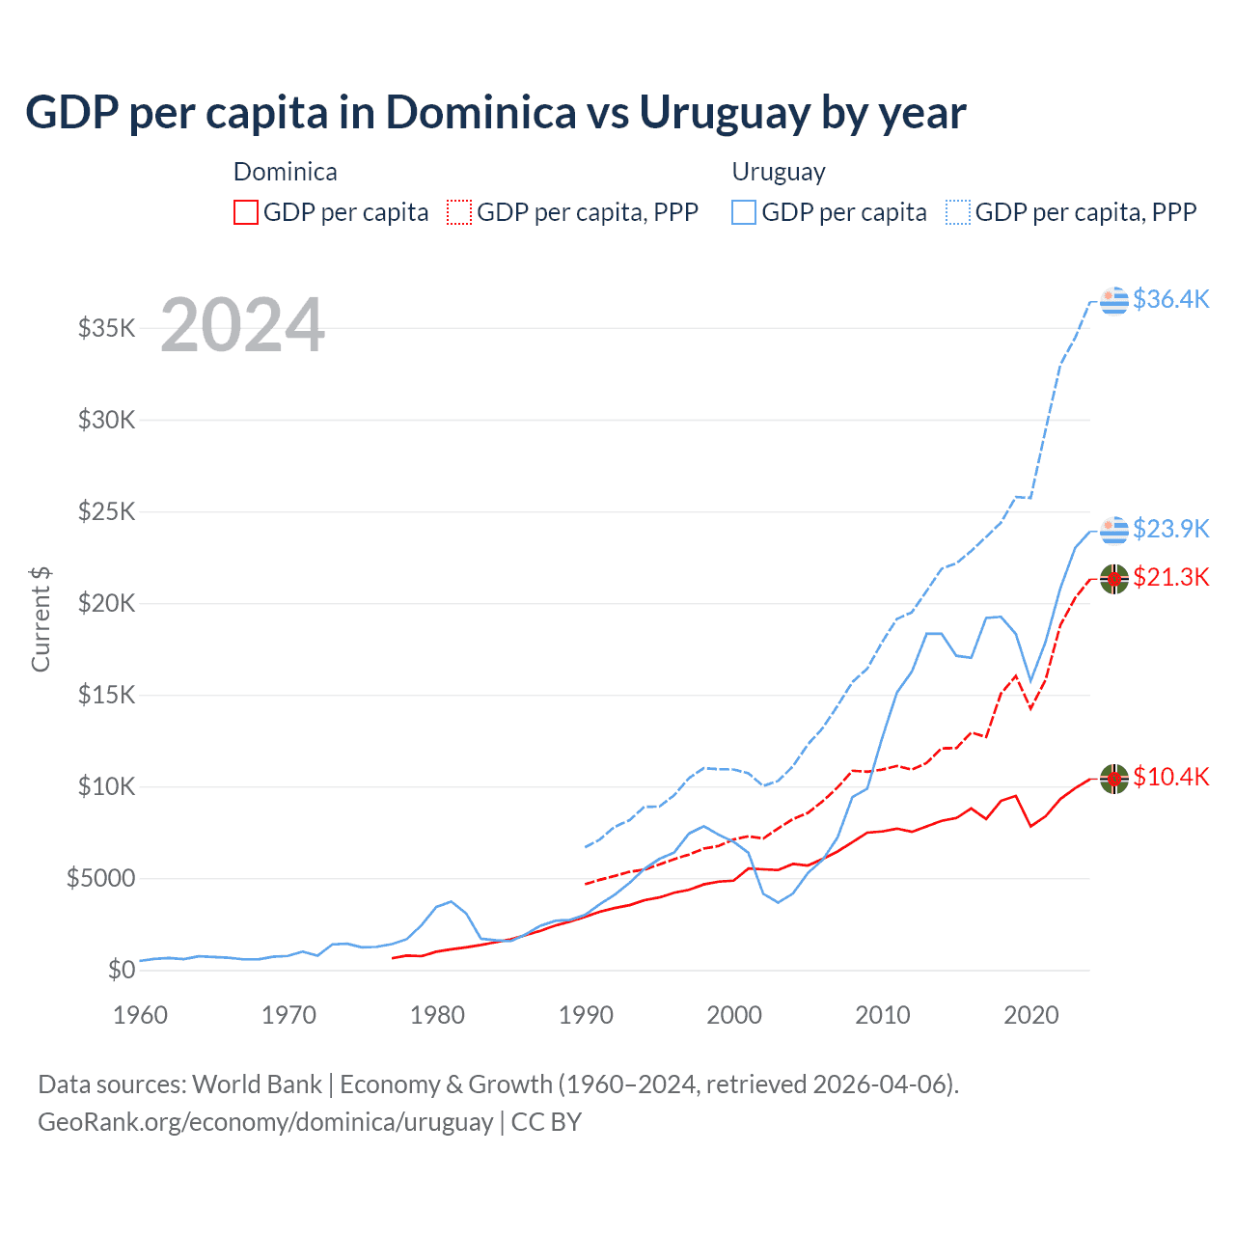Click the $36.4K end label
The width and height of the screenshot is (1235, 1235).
tap(1170, 299)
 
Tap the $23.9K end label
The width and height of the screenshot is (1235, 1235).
tap(1170, 529)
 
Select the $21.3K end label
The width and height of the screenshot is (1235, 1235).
tap(1170, 577)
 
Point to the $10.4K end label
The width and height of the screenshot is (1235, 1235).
tap(1170, 777)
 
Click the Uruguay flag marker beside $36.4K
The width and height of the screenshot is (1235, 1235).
tap(1114, 300)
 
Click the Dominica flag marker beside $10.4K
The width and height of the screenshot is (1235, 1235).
tap(1114, 778)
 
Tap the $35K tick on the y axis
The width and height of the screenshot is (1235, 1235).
tap(107, 328)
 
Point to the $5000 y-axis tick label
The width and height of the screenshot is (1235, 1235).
tap(101, 878)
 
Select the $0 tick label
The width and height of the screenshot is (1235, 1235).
tap(121, 970)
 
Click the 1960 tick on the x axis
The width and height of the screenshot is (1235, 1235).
tap(141, 1015)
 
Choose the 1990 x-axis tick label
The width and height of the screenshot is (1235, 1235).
tap(586, 1015)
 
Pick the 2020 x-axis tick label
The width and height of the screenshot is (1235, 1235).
tap(1031, 1015)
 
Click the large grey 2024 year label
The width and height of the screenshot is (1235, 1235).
tap(242, 325)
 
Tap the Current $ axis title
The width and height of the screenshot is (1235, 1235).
tap(41, 619)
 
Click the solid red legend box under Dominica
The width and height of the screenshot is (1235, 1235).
tap(246, 212)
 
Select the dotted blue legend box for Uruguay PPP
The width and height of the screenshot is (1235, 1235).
tap(958, 212)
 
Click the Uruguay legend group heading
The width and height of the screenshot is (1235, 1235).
tap(779, 172)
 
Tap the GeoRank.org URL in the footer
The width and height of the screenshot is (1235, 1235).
tap(265, 1122)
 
